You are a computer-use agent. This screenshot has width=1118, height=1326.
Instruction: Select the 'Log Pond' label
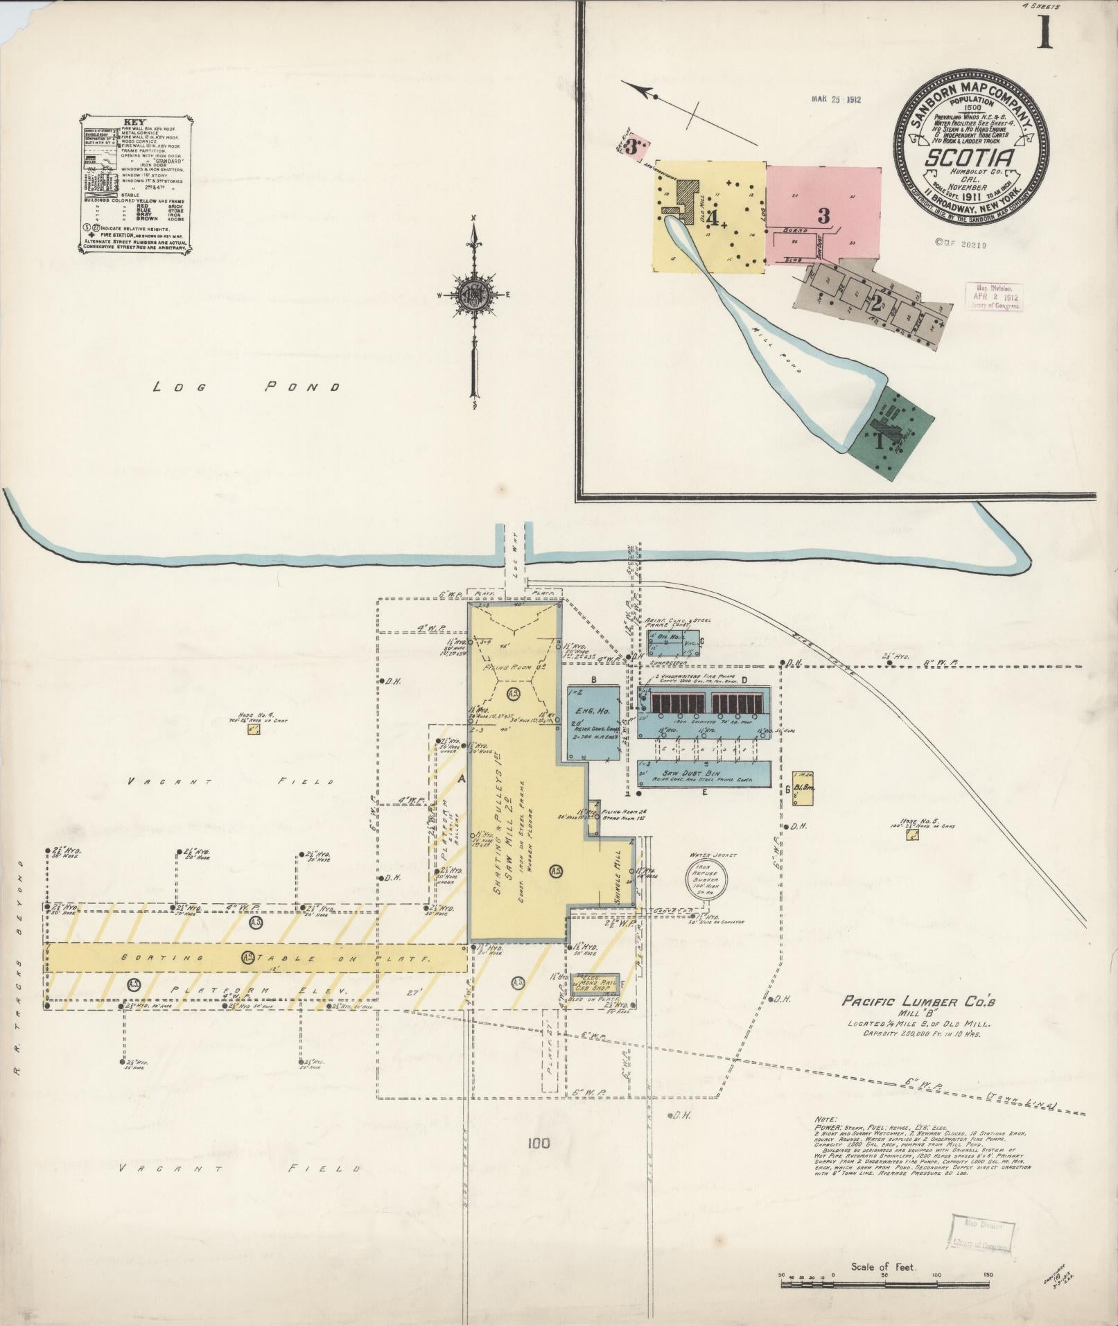point(246,387)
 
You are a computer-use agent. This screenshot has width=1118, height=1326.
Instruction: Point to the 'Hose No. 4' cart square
point(254,730)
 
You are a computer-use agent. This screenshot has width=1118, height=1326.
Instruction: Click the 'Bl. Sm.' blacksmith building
point(802,790)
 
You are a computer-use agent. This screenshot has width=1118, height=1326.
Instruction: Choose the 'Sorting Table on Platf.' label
point(256,957)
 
